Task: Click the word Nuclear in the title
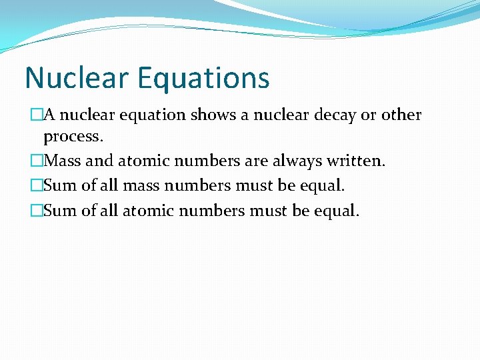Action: click(x=77, y=78)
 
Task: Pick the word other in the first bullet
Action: click(x=401, y=115)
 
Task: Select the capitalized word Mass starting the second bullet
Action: click(x=63, y=162)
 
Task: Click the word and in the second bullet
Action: click(x=100, y=162)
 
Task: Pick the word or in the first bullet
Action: click(x=369, y=115)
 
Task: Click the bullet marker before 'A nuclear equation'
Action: click(x=37, y=115)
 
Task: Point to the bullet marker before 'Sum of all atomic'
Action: click(x=37, y=211)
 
